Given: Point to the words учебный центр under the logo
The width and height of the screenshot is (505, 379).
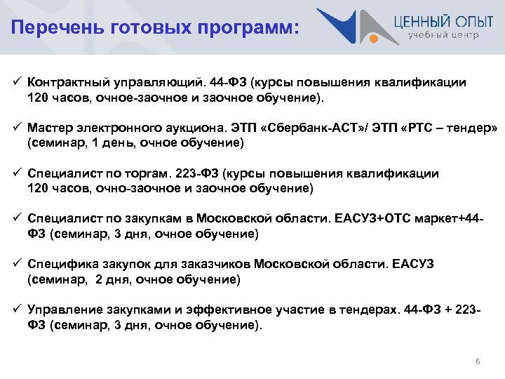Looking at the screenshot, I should [x=444, y=34].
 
